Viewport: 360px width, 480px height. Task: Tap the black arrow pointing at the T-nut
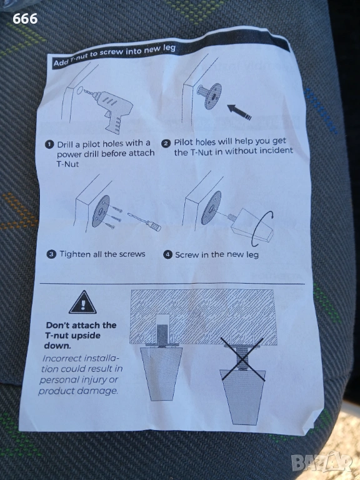(239, 112)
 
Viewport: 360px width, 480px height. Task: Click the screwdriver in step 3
(144, 221)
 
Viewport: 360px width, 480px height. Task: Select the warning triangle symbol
(82, 302)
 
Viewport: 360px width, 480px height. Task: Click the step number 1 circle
(49, 145)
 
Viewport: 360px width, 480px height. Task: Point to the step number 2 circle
(166, 144)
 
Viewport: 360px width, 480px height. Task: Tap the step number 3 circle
(51, 254)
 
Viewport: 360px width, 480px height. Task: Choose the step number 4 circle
(167, 254)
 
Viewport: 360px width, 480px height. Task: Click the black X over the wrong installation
(242, 359)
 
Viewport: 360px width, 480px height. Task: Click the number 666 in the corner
(25, 19)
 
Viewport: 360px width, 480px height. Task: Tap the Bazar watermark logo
(321, 462)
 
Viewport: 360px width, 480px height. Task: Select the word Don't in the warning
(58, 325)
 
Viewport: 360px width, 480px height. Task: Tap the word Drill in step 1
(64, 144)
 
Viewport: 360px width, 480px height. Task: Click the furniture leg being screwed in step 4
(251, 226)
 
